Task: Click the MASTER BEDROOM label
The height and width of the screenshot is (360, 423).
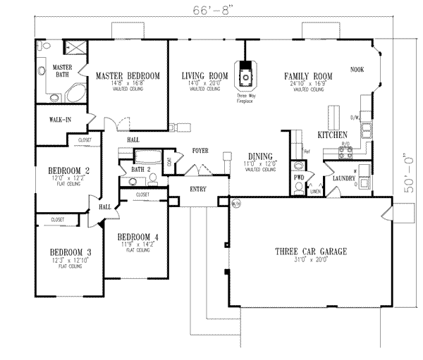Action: pos(128,75)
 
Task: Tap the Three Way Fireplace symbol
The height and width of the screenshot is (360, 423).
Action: pos(245,76)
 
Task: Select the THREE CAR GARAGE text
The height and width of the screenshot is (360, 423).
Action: pos(308,252)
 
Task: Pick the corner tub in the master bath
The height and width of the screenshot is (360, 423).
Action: pos(74,95)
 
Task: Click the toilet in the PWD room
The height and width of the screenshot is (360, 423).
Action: pos(300,166)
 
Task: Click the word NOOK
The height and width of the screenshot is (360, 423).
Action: pos(357,70)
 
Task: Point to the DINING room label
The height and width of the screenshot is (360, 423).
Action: pos(261,156)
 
